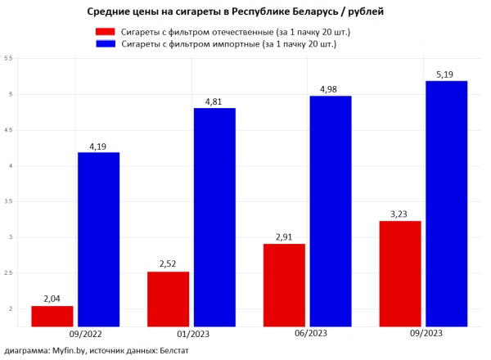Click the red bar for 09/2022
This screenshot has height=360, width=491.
(52, 316)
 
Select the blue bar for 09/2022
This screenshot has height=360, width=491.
(98, 239)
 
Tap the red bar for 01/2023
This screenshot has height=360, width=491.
(168, 299)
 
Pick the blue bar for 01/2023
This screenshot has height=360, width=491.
(214, 217)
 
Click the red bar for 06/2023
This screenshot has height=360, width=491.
(284, 285)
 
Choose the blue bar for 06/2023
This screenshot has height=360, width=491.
(331, 211)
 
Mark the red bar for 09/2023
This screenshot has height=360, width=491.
(400, 273)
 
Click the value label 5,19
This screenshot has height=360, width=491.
(446, 74)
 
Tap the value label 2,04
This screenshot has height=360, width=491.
(52, 299)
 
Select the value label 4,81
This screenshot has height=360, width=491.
(214, 102)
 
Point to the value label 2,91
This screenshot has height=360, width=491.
(284, 237)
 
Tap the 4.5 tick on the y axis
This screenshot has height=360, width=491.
(8, 130)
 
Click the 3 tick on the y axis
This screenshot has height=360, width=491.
(8, 237)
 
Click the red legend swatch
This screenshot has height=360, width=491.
(105, 32)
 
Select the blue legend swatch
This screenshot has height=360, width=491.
(105, 45)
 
